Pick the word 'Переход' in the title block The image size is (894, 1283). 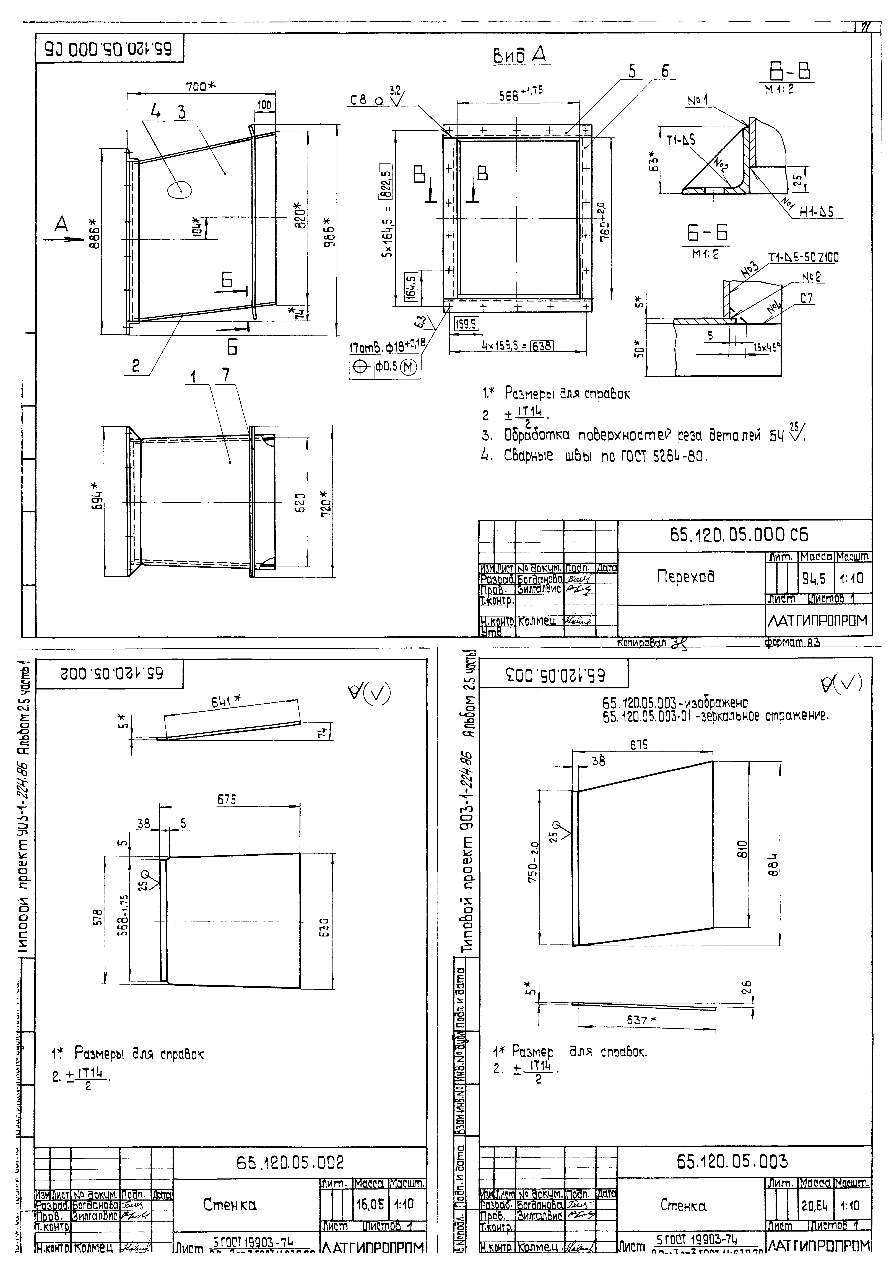tap(686, 576)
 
